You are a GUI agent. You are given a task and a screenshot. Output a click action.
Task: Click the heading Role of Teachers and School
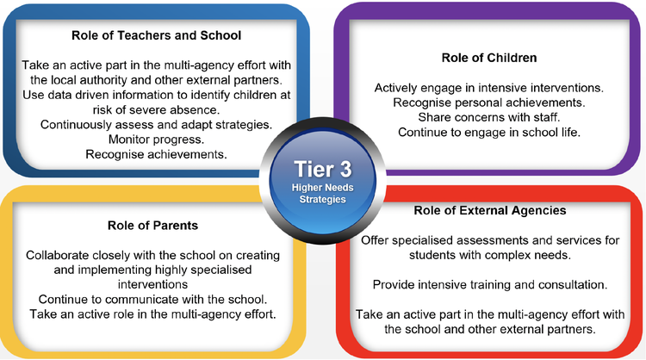(x=156, y=35)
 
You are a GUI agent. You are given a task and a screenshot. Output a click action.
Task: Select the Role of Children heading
(x=489, y=58)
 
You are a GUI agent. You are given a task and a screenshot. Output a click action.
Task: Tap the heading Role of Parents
(x=152, y=226)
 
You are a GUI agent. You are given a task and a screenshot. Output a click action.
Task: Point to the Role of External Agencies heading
(x=490, y=210)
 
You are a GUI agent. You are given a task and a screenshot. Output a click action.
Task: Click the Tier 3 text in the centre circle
(x=323, y=170)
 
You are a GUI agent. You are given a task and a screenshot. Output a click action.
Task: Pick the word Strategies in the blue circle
(x=323, y=199)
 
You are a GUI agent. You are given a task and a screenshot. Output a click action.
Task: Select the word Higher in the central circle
(x=305, y=188)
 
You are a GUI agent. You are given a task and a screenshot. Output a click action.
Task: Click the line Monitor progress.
(x=156, y=140)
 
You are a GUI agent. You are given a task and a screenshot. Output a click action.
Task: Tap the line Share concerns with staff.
(x=489, y=117)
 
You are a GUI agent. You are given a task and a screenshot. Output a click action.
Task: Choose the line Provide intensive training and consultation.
(x=490, y=284)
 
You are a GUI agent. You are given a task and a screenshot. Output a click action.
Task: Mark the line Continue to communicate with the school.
(x=152, y=299)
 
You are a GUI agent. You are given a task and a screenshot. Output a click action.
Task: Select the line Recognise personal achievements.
(x=489, y=102)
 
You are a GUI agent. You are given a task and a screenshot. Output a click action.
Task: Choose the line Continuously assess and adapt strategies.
(x=156, y=124)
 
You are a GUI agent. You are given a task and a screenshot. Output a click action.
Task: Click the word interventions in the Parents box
(x=152, y=284)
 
